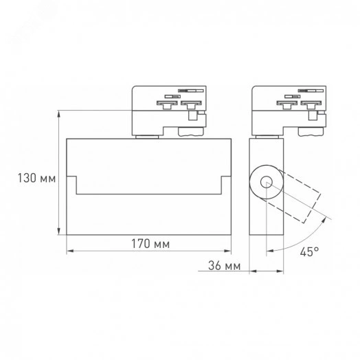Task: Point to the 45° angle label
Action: [x=308, y=251]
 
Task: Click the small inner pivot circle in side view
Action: [x=267, y=183]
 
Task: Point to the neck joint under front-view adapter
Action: [x=146, y=136]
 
